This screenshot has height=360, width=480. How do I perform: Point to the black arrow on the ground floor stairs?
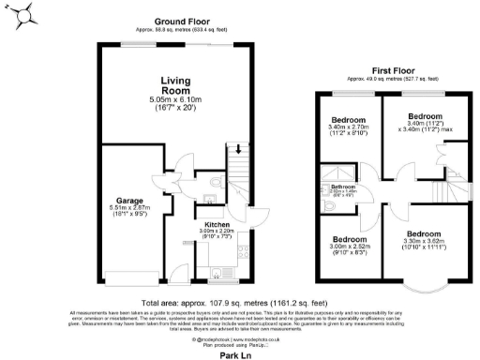(238, 148)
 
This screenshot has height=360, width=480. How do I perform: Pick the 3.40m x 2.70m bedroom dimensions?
(348, 131)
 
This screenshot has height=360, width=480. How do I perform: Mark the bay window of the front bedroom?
(423, 282)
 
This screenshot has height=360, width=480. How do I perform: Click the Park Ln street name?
(239, 355)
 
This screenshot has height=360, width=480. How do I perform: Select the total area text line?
(239, 302)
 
